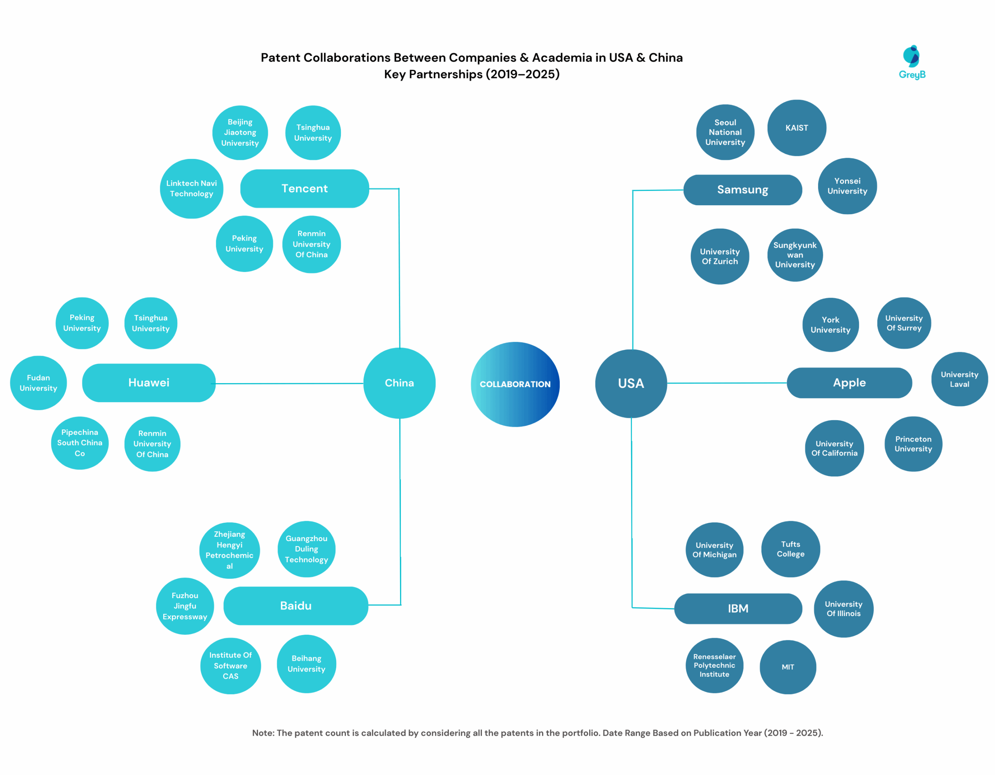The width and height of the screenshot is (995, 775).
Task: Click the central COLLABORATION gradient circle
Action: (x=515, y=384)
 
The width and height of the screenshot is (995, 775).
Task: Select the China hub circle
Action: (x=399, y=383)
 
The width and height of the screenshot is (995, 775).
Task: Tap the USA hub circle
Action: (x=631, y=383)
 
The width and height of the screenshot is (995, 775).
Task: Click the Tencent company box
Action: (x=304, y=188)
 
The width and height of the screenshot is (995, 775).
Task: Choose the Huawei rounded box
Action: (x=148, y=382)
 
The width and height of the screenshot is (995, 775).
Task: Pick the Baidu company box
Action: (x=296, y=606)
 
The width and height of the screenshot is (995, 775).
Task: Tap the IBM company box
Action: (x=738, y=608)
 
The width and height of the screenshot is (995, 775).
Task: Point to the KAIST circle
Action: (x=796, y=128)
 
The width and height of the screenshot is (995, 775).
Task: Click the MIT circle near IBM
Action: (x=788, y=667)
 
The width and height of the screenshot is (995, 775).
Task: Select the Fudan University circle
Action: (x=38, y=383)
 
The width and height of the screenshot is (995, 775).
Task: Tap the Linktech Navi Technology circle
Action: (x=191, y=188)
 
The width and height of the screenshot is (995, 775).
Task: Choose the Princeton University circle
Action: (x=913, y=444)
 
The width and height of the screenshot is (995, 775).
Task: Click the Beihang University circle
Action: (x=306, y=663)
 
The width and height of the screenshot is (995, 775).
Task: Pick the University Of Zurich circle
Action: (x=719, y=256)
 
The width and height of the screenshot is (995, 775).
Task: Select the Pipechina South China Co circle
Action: (x=80, y=442)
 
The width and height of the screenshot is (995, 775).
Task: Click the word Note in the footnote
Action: (x=263, y=733)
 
